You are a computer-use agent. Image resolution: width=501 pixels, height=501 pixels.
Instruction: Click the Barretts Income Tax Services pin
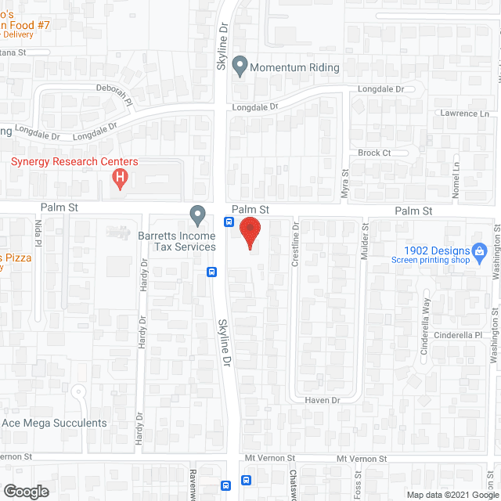coord(198,214)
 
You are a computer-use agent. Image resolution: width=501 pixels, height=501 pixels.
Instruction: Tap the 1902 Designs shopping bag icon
coord(482,250)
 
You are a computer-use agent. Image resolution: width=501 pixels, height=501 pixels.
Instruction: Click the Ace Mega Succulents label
coord(54,424)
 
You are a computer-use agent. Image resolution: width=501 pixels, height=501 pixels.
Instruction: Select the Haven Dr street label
coord(323,401)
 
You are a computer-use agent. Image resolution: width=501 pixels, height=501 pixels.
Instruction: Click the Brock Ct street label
coord(374,153)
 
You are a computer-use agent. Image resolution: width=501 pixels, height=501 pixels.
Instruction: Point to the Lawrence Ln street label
coord(463,114)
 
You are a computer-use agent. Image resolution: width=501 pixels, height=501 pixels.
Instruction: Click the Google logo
coord(25,491)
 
